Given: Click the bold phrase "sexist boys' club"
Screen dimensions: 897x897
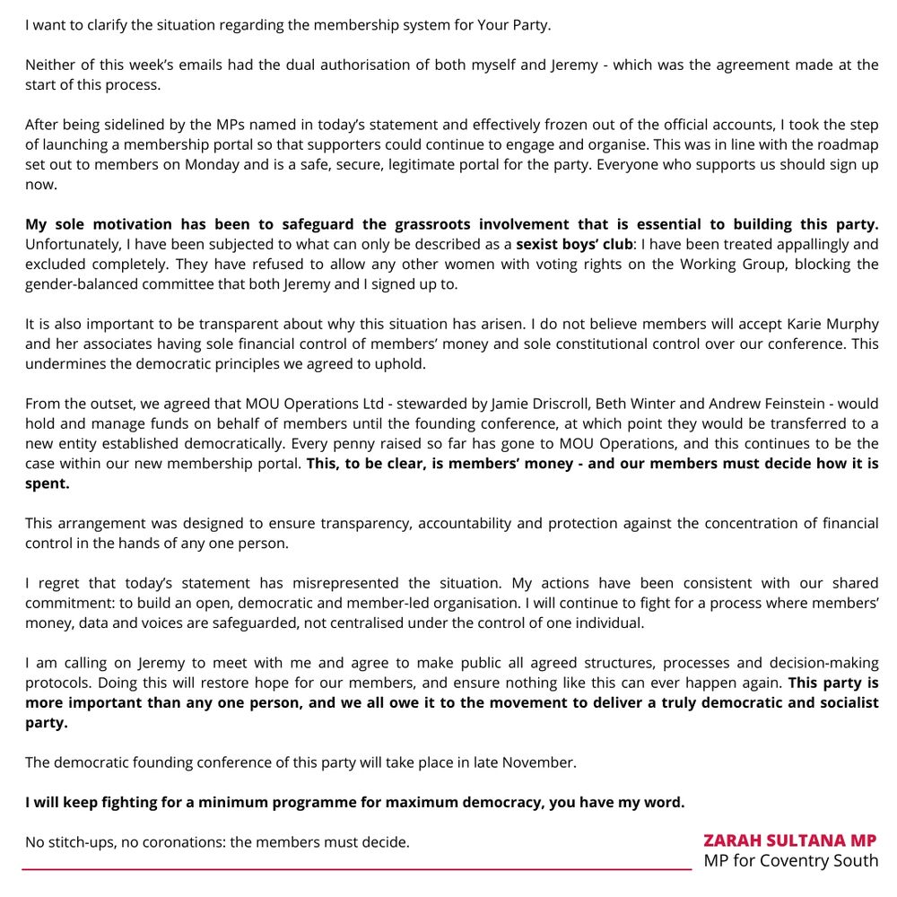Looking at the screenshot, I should click(x=574, y=244).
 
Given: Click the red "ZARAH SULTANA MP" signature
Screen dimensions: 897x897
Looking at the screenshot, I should click(x=790, y=840).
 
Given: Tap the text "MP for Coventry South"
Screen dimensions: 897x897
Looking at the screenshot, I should click(x=790, y=861).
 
